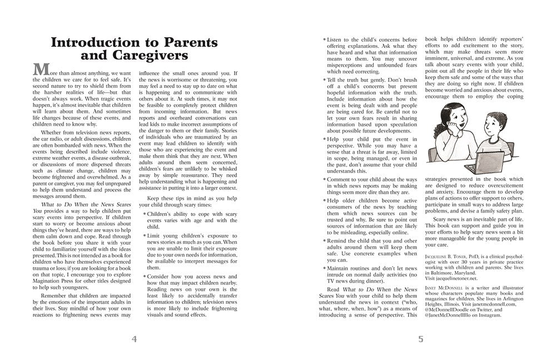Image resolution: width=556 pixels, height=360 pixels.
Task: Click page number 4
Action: [x=133, y=339]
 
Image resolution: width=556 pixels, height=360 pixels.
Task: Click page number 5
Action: [x=421, y=339]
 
